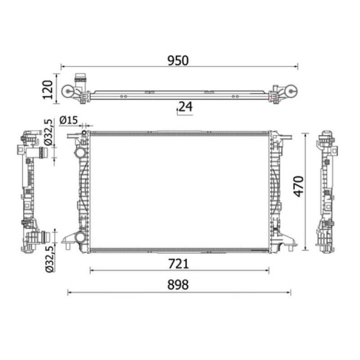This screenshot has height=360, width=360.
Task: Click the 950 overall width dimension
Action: [178, 60]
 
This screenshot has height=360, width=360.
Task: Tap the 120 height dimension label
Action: [48, 90]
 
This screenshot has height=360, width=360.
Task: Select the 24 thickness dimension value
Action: [185, 107]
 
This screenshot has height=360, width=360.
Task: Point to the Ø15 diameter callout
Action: [68, 120]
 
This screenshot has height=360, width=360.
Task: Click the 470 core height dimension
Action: [299, 186]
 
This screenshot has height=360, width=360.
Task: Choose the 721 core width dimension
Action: [178, 264]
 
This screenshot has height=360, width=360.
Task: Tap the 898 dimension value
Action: [178, 285]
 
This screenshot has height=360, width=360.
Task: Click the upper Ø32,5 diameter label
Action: [50, 132]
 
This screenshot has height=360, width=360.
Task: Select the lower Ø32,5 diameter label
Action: [50, 259]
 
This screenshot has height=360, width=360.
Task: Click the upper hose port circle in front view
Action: [81, 153]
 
